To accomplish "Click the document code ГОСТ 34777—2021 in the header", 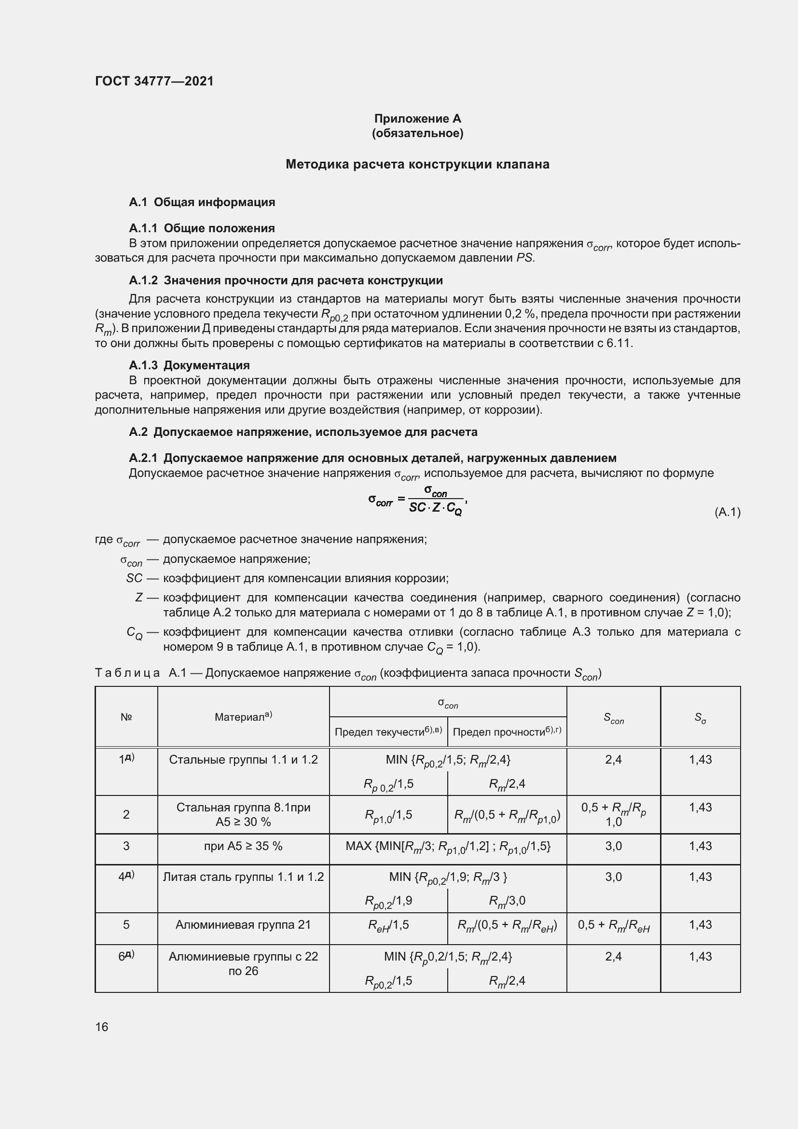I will tap(154, 81).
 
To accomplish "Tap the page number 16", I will tap(102, 1027).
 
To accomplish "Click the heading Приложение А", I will tap(417, 119).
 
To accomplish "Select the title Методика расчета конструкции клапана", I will tap(417, 164).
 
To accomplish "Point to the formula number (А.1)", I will tap(727, 513).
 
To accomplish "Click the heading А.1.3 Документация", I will tap(189, 365).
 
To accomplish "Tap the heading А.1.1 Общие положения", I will tap(202, 228).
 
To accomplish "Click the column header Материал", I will tap(243, 717).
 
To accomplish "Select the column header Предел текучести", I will tap(388, 732).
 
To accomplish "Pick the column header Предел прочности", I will tap(507, 732).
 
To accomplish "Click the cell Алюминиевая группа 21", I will tap(243, 924).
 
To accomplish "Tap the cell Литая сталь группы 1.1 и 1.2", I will tap(243, 877).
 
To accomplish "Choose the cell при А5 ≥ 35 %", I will tap(243, 846).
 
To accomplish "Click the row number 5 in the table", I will tap(126, 924).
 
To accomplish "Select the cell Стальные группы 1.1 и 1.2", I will tap(243, 760).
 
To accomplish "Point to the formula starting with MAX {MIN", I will tap(448, 846).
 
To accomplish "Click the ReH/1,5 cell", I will tap(388, 925).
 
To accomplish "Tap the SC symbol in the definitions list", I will tap(134, 578).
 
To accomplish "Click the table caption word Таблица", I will tap(127, 673).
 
